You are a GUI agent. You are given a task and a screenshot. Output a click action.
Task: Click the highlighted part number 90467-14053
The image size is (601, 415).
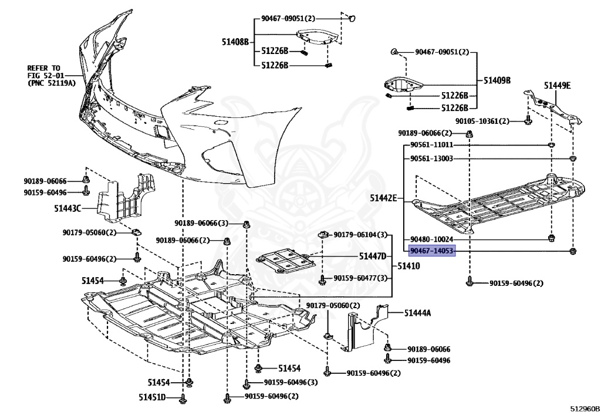431,251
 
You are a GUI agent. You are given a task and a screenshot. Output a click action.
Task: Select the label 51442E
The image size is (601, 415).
383,199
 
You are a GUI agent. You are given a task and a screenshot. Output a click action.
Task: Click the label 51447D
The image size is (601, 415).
373,257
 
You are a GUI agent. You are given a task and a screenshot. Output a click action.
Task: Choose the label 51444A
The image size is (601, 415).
417,313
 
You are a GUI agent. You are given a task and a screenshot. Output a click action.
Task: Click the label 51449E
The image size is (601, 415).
557,86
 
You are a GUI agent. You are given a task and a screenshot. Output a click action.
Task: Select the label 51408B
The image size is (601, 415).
235,42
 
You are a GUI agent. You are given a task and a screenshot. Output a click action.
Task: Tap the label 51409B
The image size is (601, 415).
497,80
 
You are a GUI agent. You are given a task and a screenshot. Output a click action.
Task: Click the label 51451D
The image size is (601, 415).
153,397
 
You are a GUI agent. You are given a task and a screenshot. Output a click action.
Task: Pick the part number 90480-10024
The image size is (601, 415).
431,239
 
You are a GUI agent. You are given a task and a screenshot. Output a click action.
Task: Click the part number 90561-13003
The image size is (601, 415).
431,158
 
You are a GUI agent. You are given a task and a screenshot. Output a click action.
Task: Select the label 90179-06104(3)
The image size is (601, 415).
361,235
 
